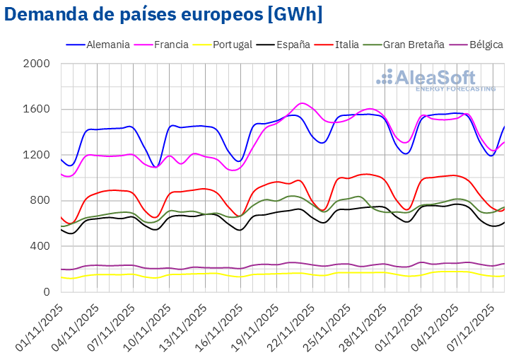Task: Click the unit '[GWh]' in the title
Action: [x=291, y=14]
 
